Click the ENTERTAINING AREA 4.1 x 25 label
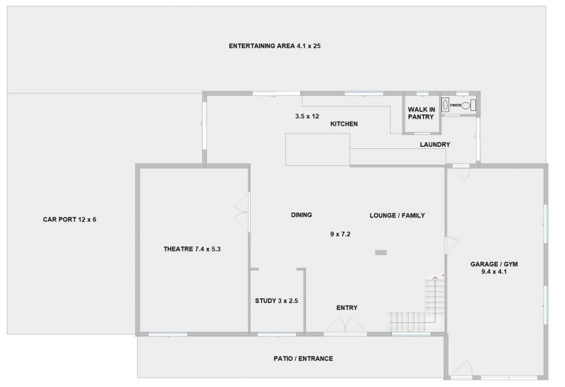click(275, 46)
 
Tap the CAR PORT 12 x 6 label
click(69, 220)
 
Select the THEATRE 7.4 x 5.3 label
click(192, 249)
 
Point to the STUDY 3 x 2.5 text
click(276, 301)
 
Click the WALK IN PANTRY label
click(421, 113)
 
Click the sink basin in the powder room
click(446, 105)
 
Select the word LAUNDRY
click(435, 145)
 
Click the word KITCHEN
click(344, 124)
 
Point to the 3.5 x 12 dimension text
click(307, 117)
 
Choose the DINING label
click(302, 215)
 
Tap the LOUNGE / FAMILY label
click(397, 215)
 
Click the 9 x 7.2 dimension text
click(340, 234)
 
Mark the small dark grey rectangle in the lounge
click(381, 253)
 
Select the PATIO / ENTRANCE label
click(303, 359)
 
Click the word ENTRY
click(347, 308)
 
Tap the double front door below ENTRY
click(345, 326)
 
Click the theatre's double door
click(242, 213)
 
